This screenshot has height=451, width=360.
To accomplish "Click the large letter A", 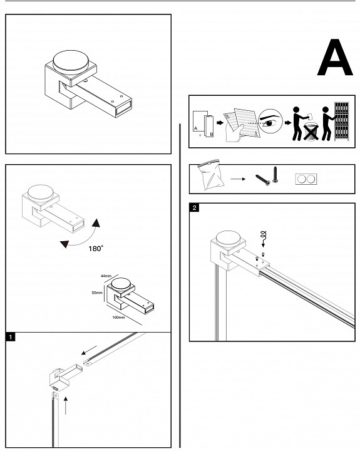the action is pyautogui.click(x=335, y=58).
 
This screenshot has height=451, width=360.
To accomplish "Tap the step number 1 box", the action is pyautogui.click(x=11, y=337).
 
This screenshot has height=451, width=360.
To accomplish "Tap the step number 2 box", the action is pyautogui.click(x=194, y=207).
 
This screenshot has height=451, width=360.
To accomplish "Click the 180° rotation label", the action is pyautogui.click(x=96, y=248).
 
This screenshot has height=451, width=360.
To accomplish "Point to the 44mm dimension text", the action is pyautogui.click(x=106, y=276).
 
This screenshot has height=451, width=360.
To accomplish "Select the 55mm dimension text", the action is pyautogui.click(x=97, y=293).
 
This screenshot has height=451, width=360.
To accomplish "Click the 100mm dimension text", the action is pyautogui.click(x=118, y=317).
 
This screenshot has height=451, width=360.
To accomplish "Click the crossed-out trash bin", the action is pyautogui.click(x=311, y=132).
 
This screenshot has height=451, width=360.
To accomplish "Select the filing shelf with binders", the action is pyautogui.click(x=342, y=121).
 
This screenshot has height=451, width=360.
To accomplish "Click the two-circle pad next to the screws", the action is pyautogui.click(x=306, y=179).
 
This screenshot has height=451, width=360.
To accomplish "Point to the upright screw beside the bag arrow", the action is pyautogui.click(x=275, y=175).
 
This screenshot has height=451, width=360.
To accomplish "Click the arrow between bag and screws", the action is pyautogui.click(x=238, y=179).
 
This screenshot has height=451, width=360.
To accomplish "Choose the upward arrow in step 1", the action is pyautogui.click(x=66, y=405).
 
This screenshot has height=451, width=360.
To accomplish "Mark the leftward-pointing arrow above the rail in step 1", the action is pyautogui.click(x=89, y=350).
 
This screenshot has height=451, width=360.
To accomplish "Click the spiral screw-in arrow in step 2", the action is pyautogui.click(x=264, y=239).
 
